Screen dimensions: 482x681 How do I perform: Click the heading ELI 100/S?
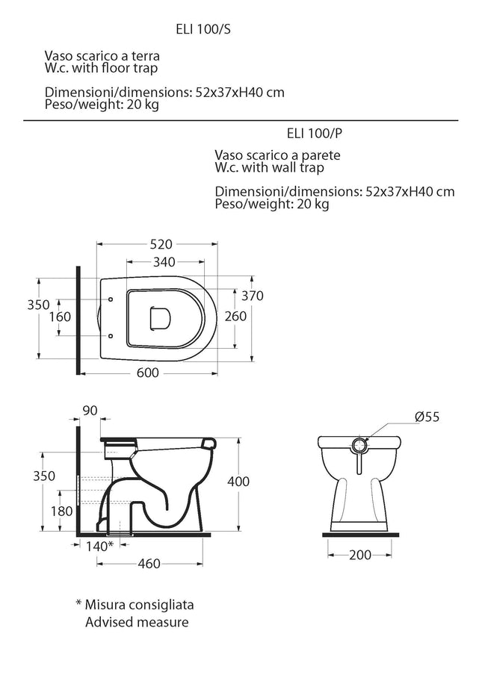click(203, 29)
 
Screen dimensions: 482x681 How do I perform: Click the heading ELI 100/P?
click(315, 133)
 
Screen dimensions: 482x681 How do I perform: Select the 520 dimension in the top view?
click(161, 244)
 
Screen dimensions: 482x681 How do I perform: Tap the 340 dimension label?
click(164, 262)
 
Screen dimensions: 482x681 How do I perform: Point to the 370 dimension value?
click(253, 296)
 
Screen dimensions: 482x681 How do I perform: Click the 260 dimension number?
click(235, 316)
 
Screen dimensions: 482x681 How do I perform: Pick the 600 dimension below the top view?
click(148, 373)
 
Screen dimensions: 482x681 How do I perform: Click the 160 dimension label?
click(60, 317)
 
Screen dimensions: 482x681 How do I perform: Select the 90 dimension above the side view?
click(90, 411)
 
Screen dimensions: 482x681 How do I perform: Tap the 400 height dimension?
click(238, 481)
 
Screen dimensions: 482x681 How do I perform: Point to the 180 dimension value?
click(61, 511)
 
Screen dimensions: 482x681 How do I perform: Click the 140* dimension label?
click(99, 546)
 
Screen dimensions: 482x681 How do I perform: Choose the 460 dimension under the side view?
click(149, 564)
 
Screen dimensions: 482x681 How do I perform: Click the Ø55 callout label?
click(427, 417)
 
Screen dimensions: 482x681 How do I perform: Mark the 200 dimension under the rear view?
click(360, 555)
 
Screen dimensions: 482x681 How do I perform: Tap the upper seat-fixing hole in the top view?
click(110, 299)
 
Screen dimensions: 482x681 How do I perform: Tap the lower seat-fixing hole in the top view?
click(110, 335)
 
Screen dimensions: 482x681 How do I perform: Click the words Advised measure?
click(137, 622)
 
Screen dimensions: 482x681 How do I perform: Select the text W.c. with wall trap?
click(270, 168)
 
